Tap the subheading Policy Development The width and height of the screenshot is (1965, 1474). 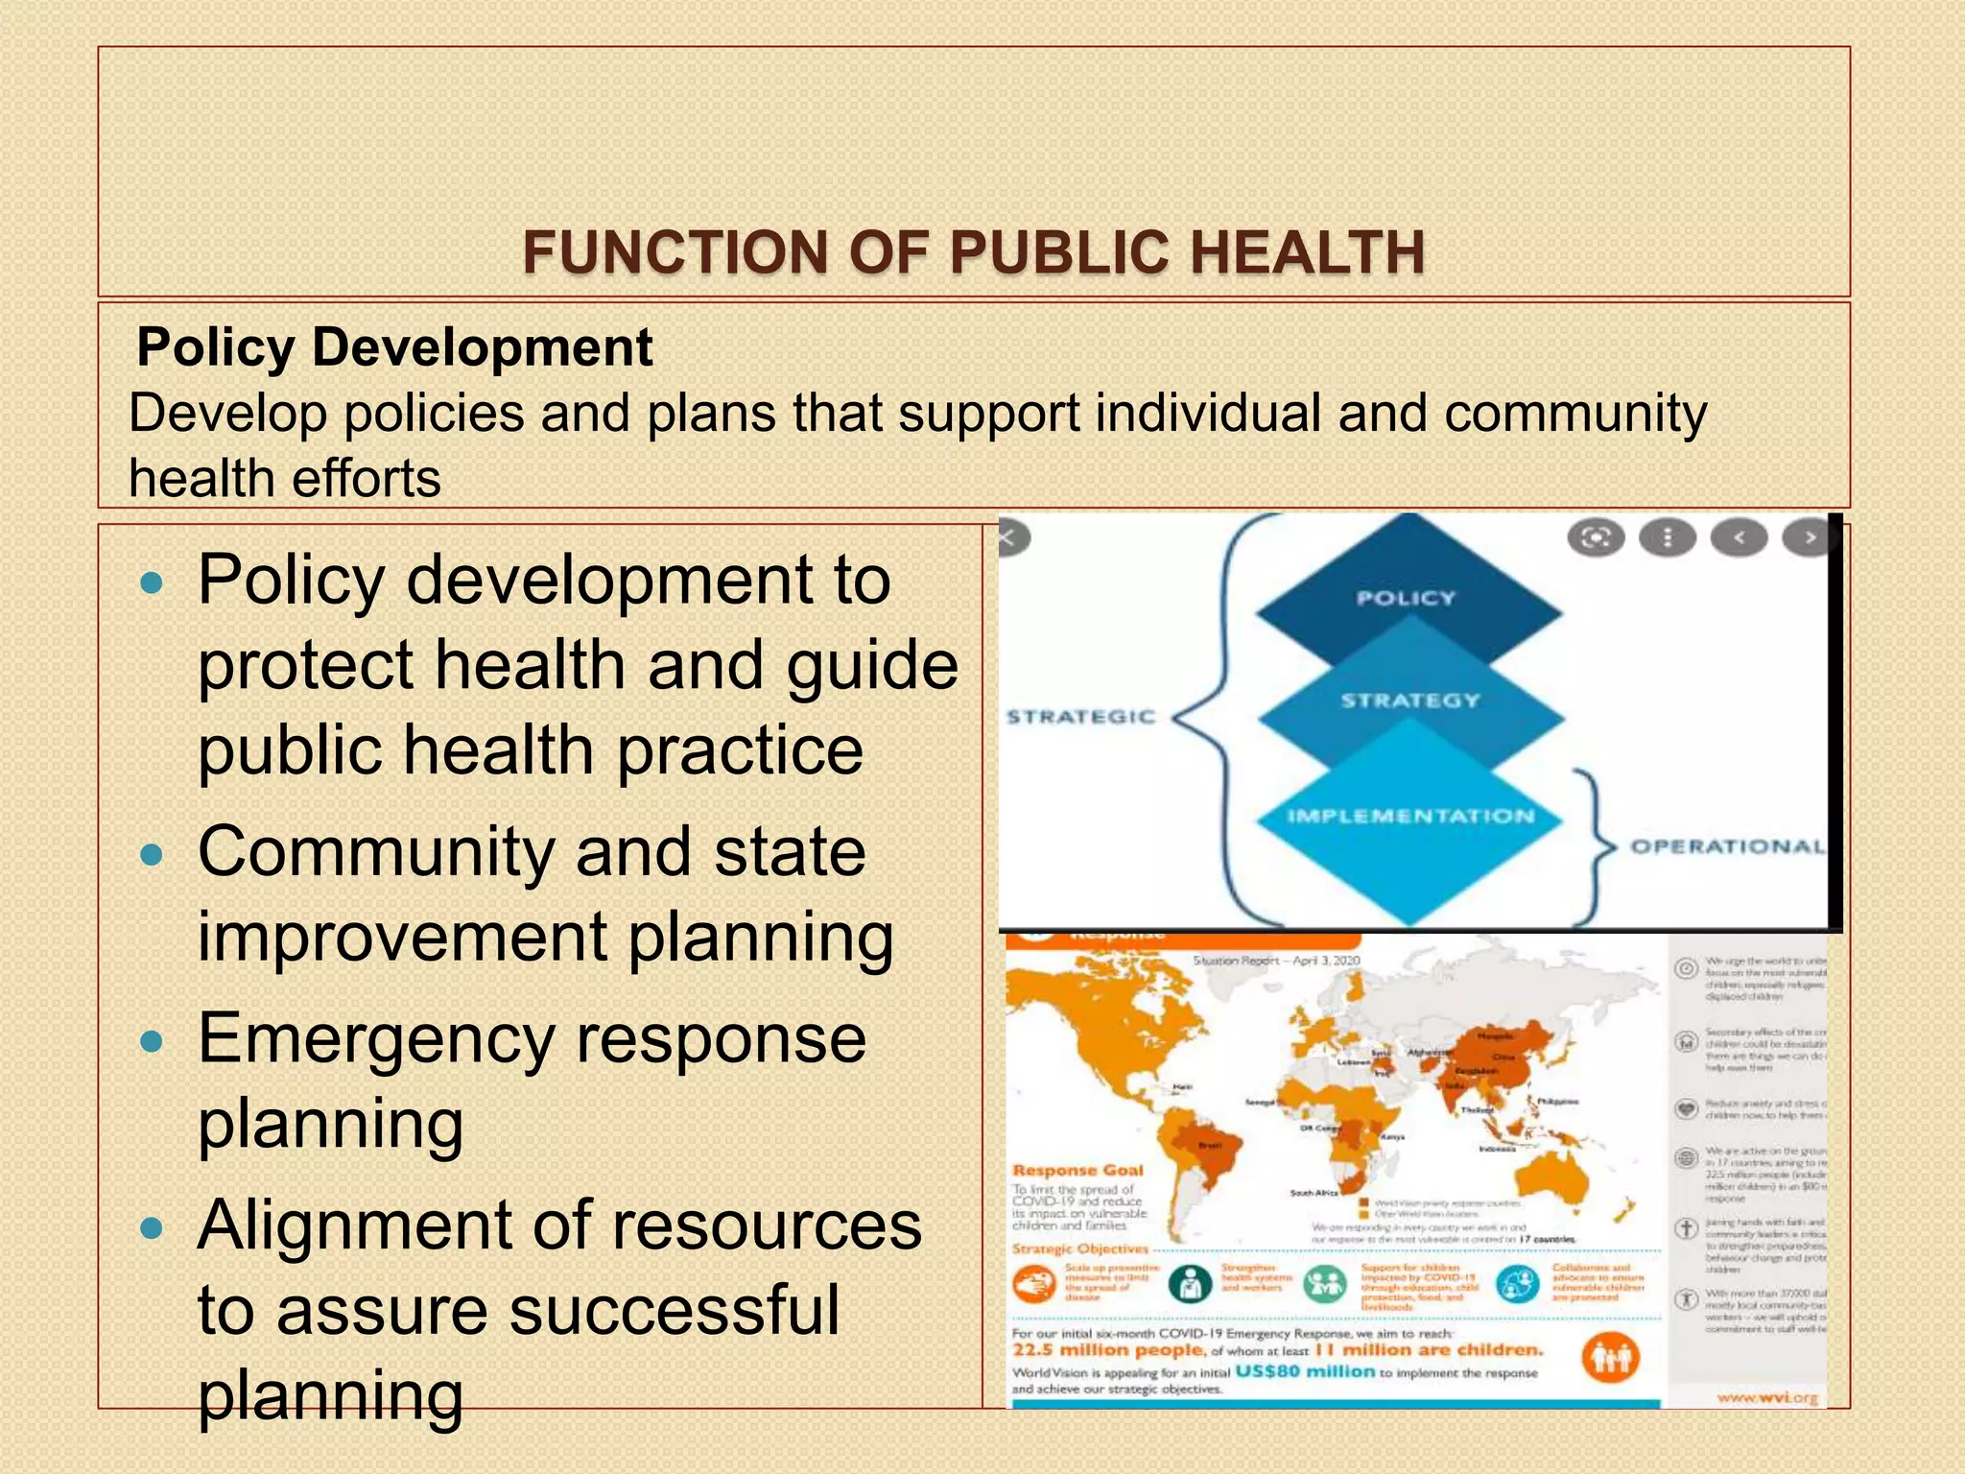[x=394, y=347]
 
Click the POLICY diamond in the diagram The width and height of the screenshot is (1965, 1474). [x=1406, y=598]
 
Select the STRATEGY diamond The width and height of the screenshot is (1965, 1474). [x=1409, y=701]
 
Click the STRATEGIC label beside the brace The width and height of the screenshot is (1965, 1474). [x=1080, y=717]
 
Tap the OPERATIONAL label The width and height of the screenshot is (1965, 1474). [x=1726, y=846]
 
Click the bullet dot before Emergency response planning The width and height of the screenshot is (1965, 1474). [x=153, y=1041]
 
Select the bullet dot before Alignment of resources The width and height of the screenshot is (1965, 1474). [x=153, y=1228]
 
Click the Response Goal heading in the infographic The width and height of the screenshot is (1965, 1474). [x=1077, y=1170]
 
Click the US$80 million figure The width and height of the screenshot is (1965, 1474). [x=1305, y=1371]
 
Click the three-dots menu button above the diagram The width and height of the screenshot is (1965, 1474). [x=1667, y=538]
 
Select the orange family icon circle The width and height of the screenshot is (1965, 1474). [x=1611, y=1358]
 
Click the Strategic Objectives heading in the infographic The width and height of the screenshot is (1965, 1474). [x=1080, y=1248]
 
